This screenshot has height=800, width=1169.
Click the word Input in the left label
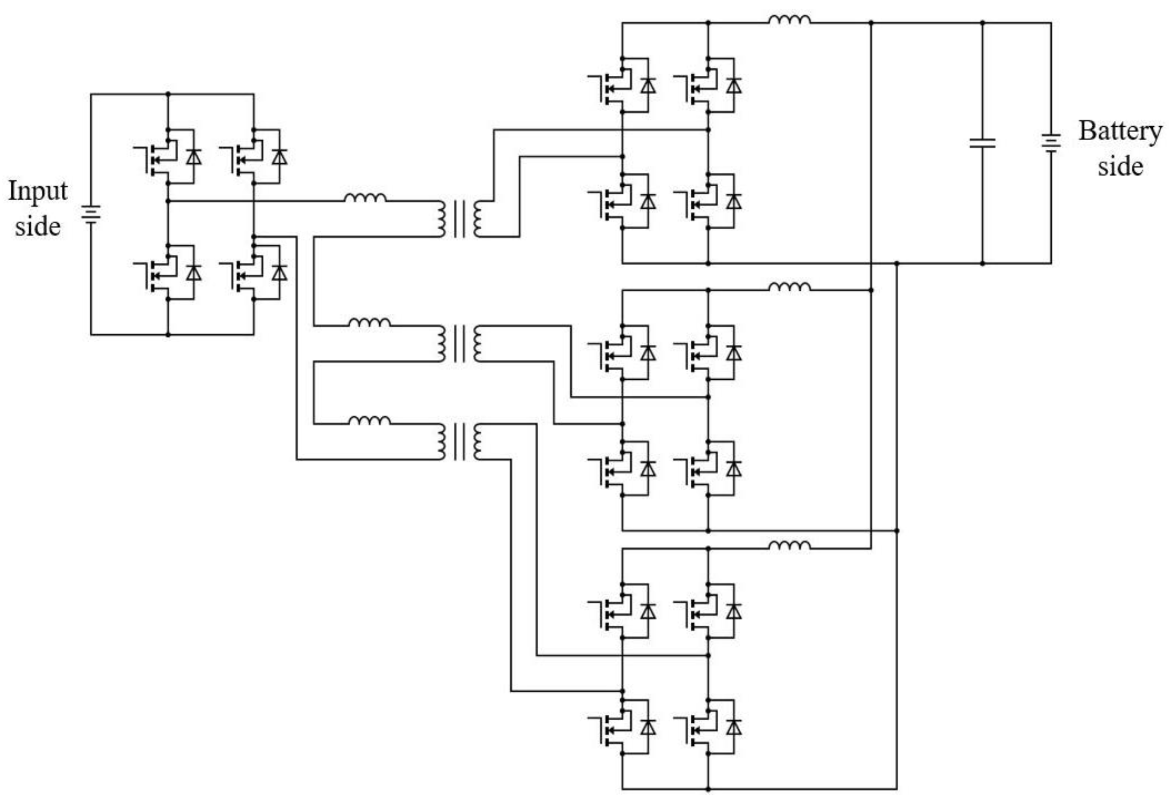38,192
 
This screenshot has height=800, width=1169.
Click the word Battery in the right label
1120,132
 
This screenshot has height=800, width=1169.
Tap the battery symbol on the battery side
1051,143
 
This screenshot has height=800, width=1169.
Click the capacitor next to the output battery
982,143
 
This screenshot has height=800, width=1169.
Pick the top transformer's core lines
459,219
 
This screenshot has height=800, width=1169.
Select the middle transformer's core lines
459,344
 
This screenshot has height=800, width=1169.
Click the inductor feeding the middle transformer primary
370,322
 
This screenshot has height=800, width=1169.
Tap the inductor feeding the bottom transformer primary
370,421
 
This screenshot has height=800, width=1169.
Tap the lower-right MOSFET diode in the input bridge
279,273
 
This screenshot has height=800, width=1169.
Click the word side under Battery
1120,166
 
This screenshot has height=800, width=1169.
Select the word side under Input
38,226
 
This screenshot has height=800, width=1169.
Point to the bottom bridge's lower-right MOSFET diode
734,727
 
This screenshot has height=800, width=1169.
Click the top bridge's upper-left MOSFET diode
648,86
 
